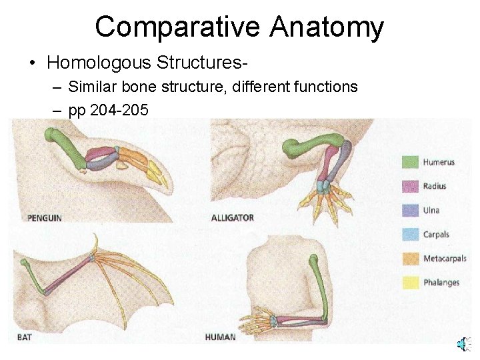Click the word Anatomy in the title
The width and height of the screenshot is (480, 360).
click(327, 28)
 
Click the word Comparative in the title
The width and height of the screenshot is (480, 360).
click(177, 28)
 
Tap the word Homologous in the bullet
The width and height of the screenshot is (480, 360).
click(99, 63)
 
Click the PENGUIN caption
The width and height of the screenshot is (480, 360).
click(44, 218)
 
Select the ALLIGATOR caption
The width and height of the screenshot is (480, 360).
click(232, 218)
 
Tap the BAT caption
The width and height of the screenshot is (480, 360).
click(24, 337)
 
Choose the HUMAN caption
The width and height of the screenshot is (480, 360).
click(220, 337)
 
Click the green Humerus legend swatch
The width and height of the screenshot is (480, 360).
click(411, 162)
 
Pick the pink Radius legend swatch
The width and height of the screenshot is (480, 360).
click(411, 186)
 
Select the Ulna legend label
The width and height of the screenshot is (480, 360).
click(431, 211)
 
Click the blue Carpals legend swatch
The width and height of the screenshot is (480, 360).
click(411, 235)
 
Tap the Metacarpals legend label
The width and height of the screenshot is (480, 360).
click(445, 259)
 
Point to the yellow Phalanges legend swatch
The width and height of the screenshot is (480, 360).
click(411, 283)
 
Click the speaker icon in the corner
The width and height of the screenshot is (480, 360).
click(463, 344)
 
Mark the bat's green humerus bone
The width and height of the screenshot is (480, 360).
click(33, 277)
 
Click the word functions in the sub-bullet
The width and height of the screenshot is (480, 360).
click(325, 87)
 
